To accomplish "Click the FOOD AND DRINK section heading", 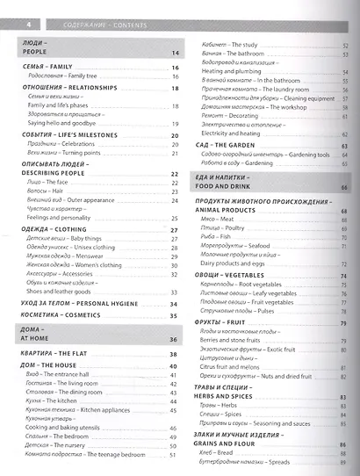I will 225,187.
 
